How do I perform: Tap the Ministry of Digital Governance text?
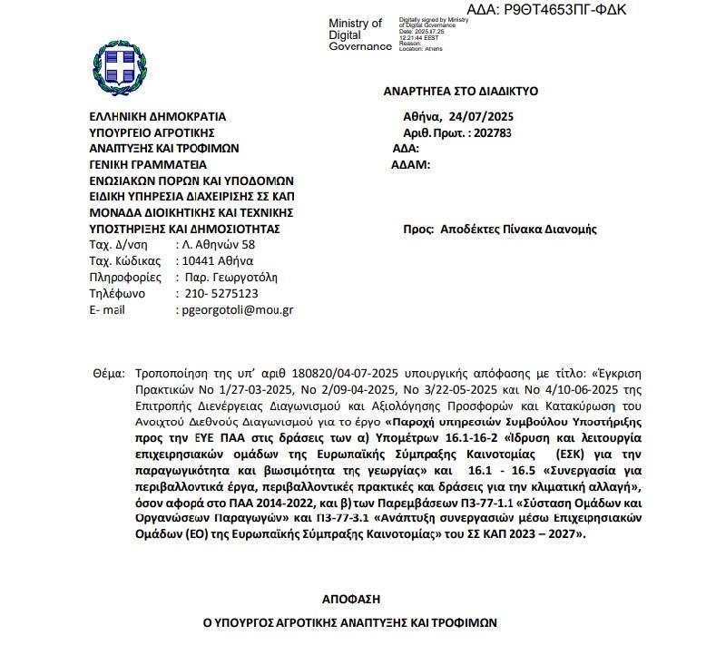(x=356, y=35)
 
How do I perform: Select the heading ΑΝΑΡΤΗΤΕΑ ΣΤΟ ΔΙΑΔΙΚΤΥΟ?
(x=461, y=92)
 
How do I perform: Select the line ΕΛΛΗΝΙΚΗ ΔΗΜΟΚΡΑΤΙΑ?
(x=157, y=116)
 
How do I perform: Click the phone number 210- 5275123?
(x=217, y=294)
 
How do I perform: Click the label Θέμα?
(x=110, y=373)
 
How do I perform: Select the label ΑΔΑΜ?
(x=408, y=165)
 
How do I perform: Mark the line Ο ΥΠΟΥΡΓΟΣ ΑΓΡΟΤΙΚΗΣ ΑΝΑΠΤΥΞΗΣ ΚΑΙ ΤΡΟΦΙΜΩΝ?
(x=350, y=624)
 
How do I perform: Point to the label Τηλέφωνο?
(x=117, y=294)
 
